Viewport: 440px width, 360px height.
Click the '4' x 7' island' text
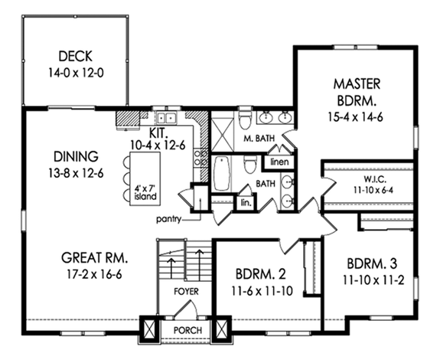click(x=144, y=191)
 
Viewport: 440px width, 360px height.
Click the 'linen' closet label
click(x=276, y=163)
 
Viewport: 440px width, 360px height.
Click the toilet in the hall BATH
click(x=250, y=166)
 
